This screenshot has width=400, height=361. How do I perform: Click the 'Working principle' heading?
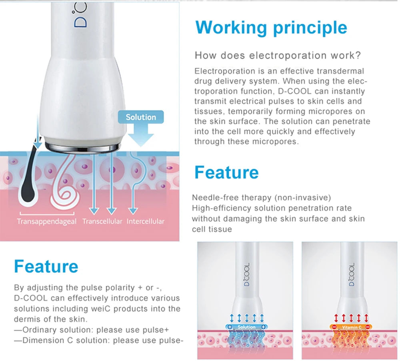271,27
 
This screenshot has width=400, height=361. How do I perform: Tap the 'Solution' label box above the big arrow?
141,117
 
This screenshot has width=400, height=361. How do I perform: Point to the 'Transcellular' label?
102,221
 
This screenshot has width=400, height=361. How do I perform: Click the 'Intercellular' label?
145,221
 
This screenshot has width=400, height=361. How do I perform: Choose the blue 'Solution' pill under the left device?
246,327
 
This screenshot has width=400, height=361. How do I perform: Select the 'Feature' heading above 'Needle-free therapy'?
226,172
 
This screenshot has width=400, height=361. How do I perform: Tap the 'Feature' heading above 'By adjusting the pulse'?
46,266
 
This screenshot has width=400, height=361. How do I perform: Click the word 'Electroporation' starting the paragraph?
219,71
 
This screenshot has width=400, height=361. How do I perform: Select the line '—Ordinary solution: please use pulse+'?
92,330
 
